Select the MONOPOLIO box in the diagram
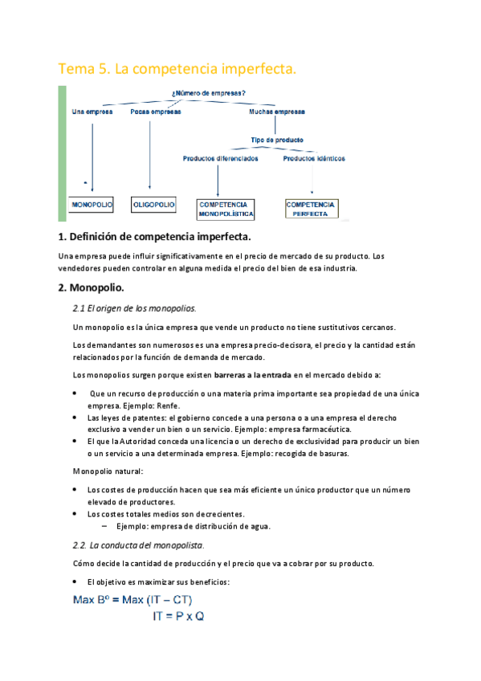(x=92, y=206)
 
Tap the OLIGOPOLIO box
(x=153, y=206)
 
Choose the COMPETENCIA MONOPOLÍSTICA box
(x=226, y=210)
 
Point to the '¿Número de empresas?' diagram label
(x=209, y=92)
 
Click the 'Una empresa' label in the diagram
(x=92, y=112)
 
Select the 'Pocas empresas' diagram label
(x=156, y=112)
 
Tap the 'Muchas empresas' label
(x=277, y=112)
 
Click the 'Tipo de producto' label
(x=278, y=140)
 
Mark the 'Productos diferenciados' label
(x=221, y=158)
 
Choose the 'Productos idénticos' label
(x=314, y=158)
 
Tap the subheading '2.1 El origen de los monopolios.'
(x=134, y=308)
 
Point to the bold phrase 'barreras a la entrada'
(x=252, y=374)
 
